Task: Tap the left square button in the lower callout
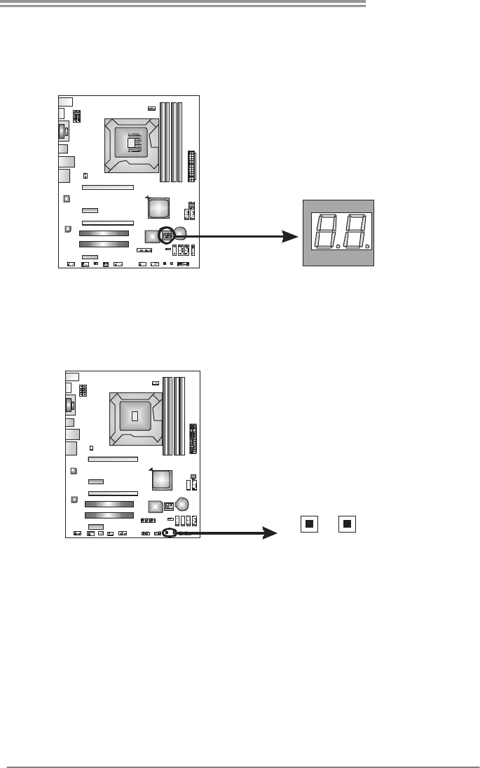click(308, 523)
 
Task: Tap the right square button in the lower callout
click(347, 523)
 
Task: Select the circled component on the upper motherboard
click(167, 234)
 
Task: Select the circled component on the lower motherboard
click(168, 532)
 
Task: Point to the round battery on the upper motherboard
click(181, 233)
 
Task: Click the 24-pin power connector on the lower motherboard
click(194, 441)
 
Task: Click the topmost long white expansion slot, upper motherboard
click(108, 188)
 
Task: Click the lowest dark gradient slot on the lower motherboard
click(109, 515)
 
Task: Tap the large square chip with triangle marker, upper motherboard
click(159, 207)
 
